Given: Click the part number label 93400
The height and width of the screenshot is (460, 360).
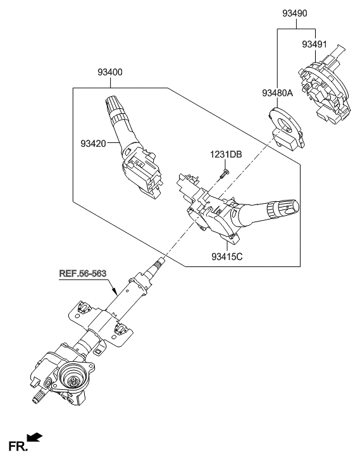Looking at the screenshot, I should point(110,73).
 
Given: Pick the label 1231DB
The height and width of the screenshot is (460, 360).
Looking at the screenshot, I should point(226,155).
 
